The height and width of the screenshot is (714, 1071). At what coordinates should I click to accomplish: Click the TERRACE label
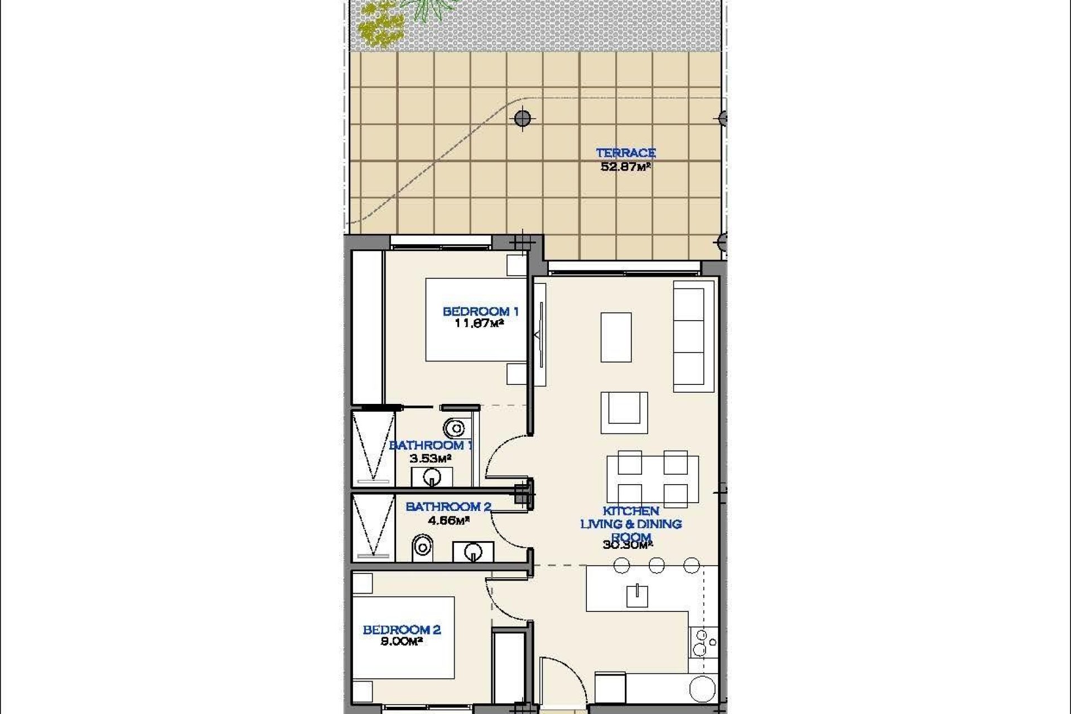625,153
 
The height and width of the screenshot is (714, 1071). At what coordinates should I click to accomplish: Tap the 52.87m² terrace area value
625,166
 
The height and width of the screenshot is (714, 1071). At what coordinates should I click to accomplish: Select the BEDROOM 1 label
480,311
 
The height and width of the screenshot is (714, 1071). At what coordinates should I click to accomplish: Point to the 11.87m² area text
480,324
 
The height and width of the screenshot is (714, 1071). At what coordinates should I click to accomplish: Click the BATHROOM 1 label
431,445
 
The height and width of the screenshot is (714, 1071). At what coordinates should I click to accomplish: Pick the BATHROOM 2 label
448,506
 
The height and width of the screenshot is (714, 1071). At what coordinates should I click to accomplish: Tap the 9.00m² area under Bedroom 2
401,641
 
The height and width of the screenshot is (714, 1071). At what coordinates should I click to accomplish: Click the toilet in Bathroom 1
454,428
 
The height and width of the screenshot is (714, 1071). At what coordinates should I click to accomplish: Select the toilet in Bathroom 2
422,548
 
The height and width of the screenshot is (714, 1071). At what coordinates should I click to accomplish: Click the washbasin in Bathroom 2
473,552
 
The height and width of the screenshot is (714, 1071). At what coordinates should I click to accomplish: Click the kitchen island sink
636,596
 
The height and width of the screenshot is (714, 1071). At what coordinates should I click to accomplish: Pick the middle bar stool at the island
657,565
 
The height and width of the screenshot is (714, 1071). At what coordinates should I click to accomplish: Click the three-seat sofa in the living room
693,336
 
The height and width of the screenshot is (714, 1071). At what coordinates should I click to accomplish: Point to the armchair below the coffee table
624,412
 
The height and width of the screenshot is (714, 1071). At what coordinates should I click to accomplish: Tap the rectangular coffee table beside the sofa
616,337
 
